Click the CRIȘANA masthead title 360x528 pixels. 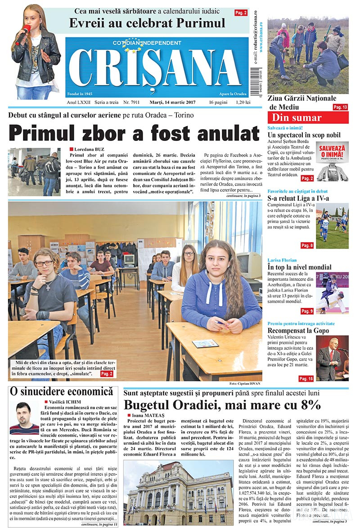tap(155, 67)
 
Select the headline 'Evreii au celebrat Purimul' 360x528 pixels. tap(147, 23)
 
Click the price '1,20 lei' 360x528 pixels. tap(242, 103)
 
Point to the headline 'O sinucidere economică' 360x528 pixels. tap(61, 391)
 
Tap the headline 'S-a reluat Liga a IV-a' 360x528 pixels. tap(298, 199)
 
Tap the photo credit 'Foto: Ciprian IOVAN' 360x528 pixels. tap(245, 384)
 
